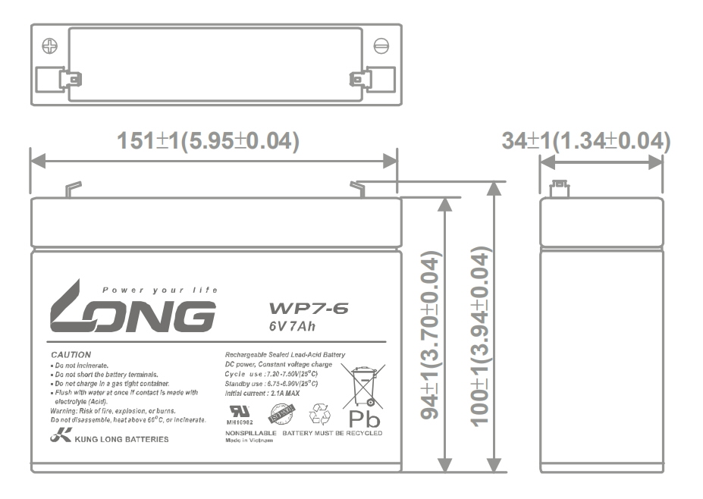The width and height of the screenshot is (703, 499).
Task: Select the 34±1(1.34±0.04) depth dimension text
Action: [587, 141]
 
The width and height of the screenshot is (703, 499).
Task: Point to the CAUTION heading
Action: [71, 354]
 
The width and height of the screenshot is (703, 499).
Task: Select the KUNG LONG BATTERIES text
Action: [111, 439]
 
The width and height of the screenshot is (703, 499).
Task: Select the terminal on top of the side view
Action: [560, 187]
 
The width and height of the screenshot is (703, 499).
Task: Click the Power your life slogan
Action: [160, 290]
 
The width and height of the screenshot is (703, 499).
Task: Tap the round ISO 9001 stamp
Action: [283, 413]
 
